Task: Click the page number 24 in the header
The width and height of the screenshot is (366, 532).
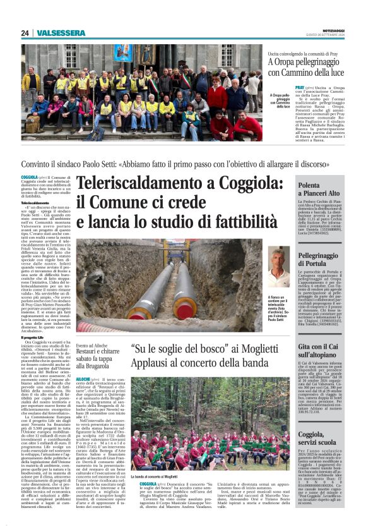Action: [25, 33]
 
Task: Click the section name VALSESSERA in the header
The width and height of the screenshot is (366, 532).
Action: [61, 33]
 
